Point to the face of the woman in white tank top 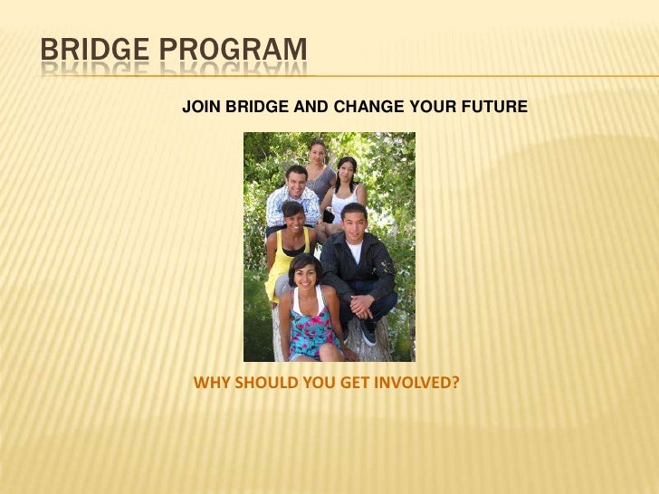(346, 172)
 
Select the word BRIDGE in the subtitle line (257, 108)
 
